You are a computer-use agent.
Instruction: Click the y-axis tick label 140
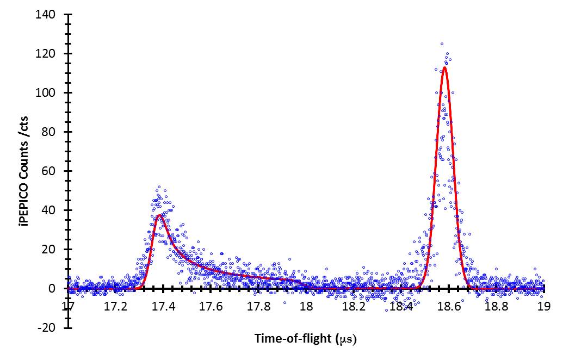[x=47, y=15]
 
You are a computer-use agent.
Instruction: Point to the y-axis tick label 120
[x=47, y=54]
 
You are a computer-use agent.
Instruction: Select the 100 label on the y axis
[x=47, y=93]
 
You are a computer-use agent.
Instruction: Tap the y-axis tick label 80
[x=50, y=132]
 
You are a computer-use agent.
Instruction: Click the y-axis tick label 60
[x=50, y=171]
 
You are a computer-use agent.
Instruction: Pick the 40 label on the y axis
[x=50, y=210]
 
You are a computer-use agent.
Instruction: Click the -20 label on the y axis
[x=48, y=327]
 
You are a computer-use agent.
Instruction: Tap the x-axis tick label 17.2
[x=115, y=307]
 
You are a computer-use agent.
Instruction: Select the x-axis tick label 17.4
[x=163, y=307]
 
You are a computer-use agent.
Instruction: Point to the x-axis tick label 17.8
[x=258, y=307]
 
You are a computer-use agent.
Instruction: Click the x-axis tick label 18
[x=306, y=307]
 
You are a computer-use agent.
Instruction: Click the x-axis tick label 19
[x=543, y=307]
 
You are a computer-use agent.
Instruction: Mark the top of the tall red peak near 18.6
[x=444, y=67]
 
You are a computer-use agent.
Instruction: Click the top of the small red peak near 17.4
[x=159, y=215]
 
